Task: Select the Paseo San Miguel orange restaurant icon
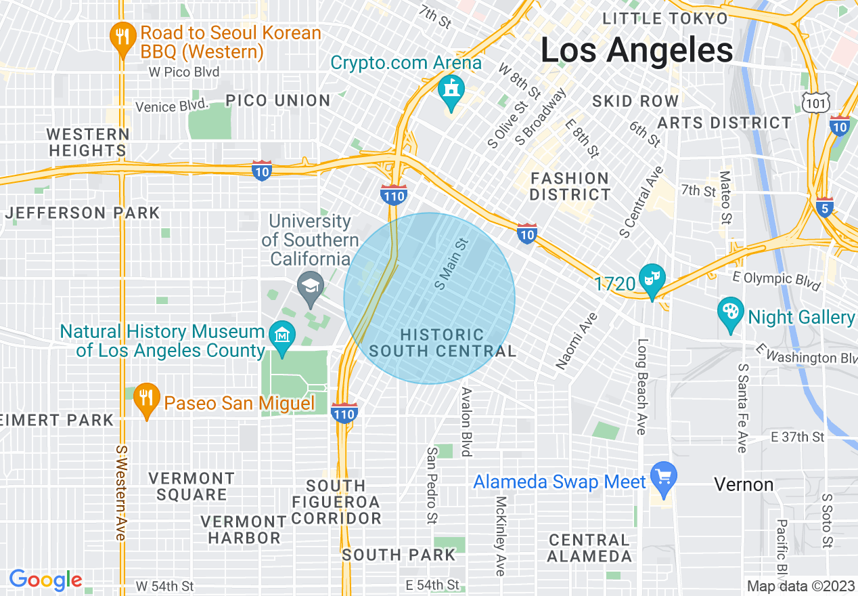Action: pyautogui.click(x=145, y=400)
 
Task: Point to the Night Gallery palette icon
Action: pyautogui.click(x=730, y=313)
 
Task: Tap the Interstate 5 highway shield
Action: pyautogui.click(x=823, y=208)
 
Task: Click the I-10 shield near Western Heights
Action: pyautogui.click(x=261, y=170)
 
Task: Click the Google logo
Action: pyautogui.click(x=45, y=580)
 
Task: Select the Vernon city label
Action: pyautogui.click(x=744, y=484)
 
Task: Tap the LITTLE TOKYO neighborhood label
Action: pyautogui.click(x=665, y=18)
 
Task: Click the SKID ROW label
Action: pyautogui.click(x=635, y=102)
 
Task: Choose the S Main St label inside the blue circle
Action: pyautogui.click(x=451, y=263)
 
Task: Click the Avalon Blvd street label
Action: pyautogui.click(x=466, y=421)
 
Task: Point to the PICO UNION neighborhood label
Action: pyautogui.click(x=278, y=101)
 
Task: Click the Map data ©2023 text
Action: pyautogui.click(x=800, y=585)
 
